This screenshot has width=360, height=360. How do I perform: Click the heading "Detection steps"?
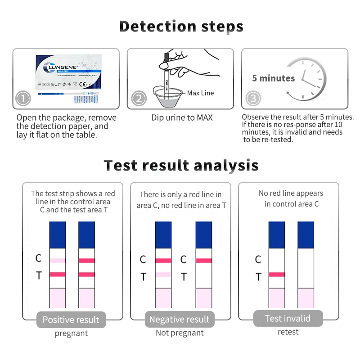181,27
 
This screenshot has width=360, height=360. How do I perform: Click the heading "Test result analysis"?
181,165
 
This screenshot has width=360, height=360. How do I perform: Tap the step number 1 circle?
23,99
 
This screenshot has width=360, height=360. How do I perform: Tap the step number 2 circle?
139,99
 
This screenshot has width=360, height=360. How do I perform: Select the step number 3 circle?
253,99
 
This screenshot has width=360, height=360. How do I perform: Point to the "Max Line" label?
200,93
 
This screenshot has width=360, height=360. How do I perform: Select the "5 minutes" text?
273,78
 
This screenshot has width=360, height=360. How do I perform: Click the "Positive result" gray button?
71,320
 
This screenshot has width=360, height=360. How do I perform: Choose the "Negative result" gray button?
179,320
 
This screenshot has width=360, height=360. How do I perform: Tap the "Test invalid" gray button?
288,319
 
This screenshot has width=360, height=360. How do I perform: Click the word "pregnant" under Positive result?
71,333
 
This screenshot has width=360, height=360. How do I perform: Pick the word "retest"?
288,332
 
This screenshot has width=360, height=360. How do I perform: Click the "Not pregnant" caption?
180,333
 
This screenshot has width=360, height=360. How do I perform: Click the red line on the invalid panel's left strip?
276,274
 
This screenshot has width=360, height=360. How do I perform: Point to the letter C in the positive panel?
39,258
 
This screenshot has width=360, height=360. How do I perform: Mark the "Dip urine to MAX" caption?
182,118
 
